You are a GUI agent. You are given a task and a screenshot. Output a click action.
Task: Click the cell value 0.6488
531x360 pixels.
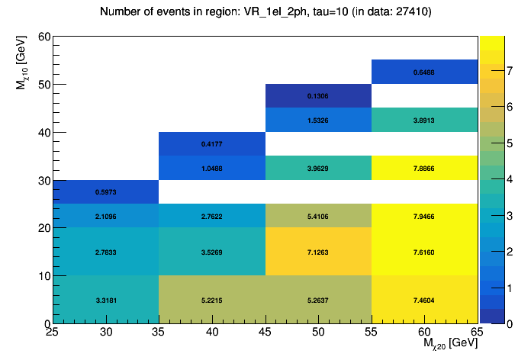click(x=424, y=72)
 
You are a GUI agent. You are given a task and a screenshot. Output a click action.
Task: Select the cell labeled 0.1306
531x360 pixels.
click(x=318, y=96)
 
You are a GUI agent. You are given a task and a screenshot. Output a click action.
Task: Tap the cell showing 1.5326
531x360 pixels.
click(x=318, y=121)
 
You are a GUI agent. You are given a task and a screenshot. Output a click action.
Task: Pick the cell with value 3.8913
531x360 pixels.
click(x=424, y=121)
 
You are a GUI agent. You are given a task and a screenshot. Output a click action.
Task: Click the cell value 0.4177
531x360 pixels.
click(x=212, y=144)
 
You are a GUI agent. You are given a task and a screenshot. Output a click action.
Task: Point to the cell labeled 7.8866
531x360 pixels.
click(x=424, y=168)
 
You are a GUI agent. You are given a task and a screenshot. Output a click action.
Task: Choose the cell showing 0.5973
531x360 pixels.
click(x=106, y=192)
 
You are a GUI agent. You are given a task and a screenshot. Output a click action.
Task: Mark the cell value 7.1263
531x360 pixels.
click(x=318, y=252)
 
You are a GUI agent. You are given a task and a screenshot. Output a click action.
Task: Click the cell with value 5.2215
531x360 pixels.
click(x=212, y=300)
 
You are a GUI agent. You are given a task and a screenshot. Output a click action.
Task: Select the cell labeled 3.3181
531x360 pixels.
click(x=106, y=300)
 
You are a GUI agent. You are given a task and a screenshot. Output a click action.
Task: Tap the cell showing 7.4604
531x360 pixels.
click(x=424, y=300)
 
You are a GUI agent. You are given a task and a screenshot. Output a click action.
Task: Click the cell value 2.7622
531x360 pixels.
click(x=212, y=217)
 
